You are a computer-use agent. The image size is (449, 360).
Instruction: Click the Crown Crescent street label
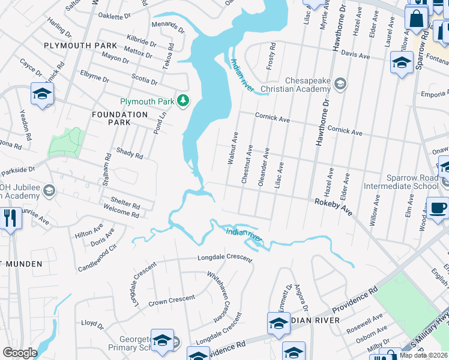(x=172, y=299)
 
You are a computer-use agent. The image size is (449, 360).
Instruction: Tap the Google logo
(x=19, y=353)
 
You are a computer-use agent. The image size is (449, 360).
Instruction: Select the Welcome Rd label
(x=121, y=214)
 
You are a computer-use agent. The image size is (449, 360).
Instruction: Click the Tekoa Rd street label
(x=170, y=55)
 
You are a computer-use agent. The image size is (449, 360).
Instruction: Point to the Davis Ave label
(x=355, y=55)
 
